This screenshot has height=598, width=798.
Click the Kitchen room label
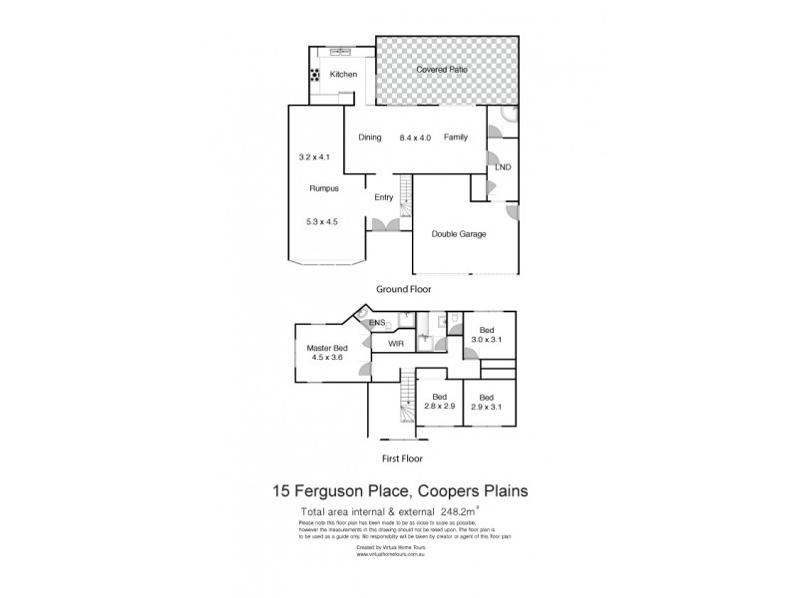pos(344,75)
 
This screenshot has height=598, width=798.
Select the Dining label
pos(370,138)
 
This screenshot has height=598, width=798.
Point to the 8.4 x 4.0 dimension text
pos(415,138)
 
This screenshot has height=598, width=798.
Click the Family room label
pos(456,138)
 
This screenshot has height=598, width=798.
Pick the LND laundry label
pos(502,166)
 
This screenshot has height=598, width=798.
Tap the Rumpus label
pos(323,187)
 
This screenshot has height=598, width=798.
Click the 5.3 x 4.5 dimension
pos(323,222)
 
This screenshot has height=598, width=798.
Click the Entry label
pos(384,197)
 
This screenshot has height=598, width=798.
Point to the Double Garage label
pos(459,233)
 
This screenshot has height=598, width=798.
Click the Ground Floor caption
pos(402,289)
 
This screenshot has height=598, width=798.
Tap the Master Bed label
pos(328,348)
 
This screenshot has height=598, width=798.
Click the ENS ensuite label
pos(377,324)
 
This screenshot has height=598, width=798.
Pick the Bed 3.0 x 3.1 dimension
pos(487,340)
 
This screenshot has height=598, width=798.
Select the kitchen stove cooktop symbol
pos(315,74)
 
